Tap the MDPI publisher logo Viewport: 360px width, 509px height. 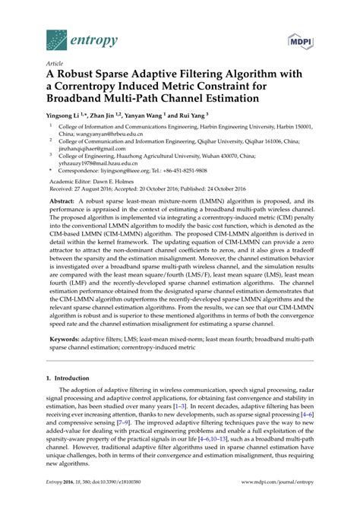click(303, 39)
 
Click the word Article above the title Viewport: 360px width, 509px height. click(55, 65)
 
